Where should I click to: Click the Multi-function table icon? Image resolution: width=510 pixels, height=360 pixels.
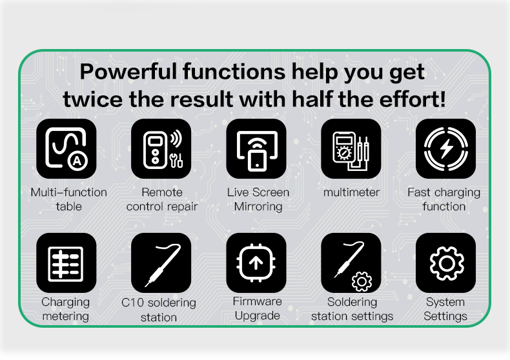pyautogui.click(x=66, y=148)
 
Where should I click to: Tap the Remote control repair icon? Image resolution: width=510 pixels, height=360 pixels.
pyautogui.click(x=161, y=148)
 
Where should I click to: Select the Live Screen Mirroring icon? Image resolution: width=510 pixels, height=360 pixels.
pyautogui.click(x=256, y=148)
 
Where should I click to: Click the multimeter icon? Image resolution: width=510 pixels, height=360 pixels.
pyautogui.click(x=351, y=148)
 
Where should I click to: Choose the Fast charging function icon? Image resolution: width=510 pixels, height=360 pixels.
pyautogui.click(x=445, y=148)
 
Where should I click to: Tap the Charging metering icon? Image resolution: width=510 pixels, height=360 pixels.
pyautogui.click(x=66, y=263)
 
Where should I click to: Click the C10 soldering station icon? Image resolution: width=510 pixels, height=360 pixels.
pyautogui.click(x=161, y=263)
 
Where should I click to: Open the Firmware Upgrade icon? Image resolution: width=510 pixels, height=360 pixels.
pyautogui.click(x=256, y=263)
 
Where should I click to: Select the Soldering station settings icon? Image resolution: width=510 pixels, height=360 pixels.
pyautogui.click(x=351, y=263)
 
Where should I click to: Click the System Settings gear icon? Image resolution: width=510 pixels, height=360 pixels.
pyautogui.click(x=445, y=263)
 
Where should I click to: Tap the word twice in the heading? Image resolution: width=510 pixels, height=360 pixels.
pyautogui.click(x=93, y=99)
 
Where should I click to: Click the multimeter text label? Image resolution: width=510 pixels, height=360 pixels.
pyautogui.click(x=351, y=192)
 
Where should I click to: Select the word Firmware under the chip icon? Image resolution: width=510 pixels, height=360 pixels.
pyautogui.click(x=258, y=301)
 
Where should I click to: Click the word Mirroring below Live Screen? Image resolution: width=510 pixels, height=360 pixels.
pyautogui.click(x=258, y=206)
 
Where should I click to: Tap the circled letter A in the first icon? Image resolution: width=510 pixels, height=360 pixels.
pyautogui.click(x=77, y=161)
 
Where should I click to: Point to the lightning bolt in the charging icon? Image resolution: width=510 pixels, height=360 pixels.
pyautogui.click(x=446, y=149)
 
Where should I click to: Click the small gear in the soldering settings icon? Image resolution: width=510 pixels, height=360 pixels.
pyautogui.click(x=362, y=281)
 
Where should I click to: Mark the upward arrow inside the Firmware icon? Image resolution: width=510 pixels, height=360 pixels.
pyautogui.click(x=256, y=263)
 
